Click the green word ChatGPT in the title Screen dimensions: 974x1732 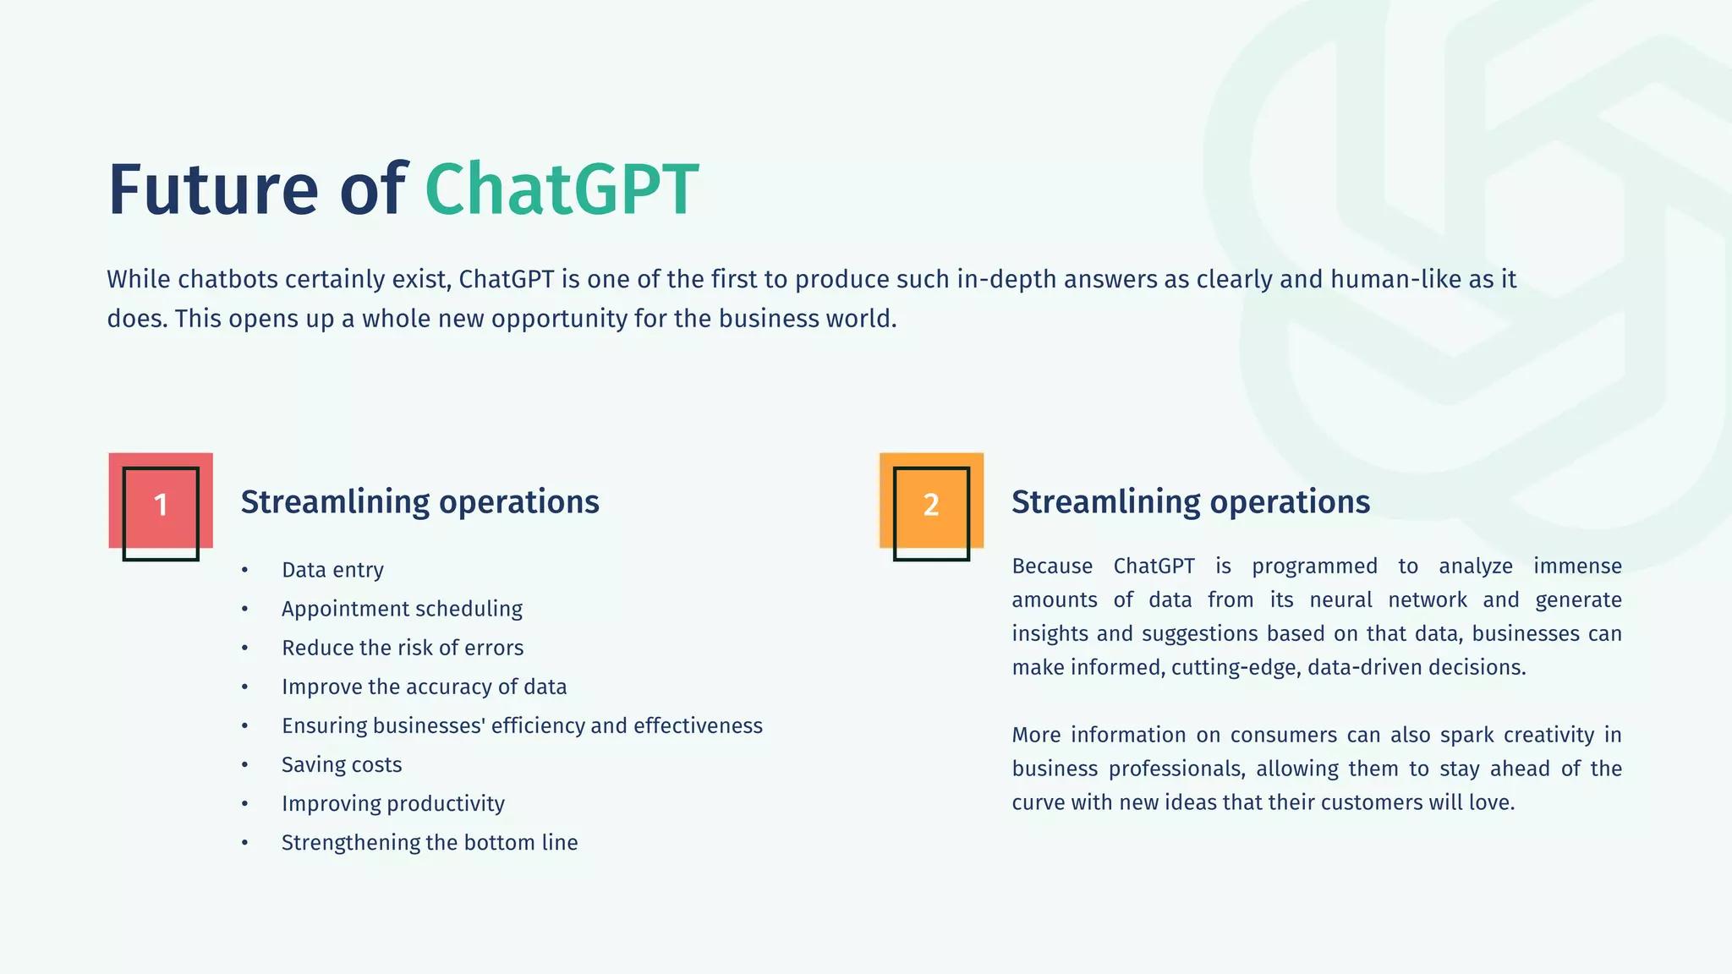click(562, 189)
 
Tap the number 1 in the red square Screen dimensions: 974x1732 click(161, 505)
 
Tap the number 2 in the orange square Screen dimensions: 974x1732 click(931, 505)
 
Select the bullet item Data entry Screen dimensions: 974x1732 click(332, 570)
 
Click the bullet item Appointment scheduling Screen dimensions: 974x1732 click(402, 609)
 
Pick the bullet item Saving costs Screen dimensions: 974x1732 click(342, 764)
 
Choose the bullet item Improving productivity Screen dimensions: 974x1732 click(392, 803)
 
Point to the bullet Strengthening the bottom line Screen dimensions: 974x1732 click(430, 842)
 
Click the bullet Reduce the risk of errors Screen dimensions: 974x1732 click(403, 648)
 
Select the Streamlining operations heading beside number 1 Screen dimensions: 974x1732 click(419, 501)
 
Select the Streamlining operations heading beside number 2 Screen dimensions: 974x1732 click(1191, 501)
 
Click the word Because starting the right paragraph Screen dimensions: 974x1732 click(1052, 566)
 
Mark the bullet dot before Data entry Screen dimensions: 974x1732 click(244, 570)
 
